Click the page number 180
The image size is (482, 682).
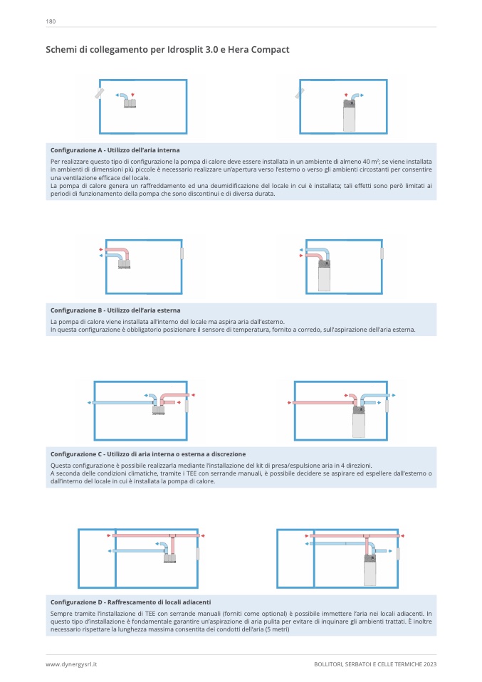point(51,21)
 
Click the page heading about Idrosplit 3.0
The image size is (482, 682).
point(167,50)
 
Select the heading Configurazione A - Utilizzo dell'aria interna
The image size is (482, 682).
point(115,150)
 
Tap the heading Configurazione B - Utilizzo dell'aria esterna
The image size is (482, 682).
point(115,310)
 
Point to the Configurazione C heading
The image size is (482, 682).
point(148,453)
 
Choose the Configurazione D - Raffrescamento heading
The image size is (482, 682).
point(130,602)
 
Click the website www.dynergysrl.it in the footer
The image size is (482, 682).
point(71,663)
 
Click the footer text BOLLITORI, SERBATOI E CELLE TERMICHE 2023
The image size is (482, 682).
point(374,663)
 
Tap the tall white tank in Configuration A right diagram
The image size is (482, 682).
point(349,117)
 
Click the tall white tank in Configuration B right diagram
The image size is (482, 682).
point(324,277)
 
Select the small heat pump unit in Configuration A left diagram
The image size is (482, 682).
point(130,104)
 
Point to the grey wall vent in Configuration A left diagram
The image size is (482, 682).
point(99,93)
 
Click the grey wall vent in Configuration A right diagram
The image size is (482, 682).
point(300,93)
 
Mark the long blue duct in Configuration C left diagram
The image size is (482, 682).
point(121,403)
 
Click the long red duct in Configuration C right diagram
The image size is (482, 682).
point(320,403)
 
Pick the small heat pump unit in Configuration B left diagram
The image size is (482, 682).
point(125,265)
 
